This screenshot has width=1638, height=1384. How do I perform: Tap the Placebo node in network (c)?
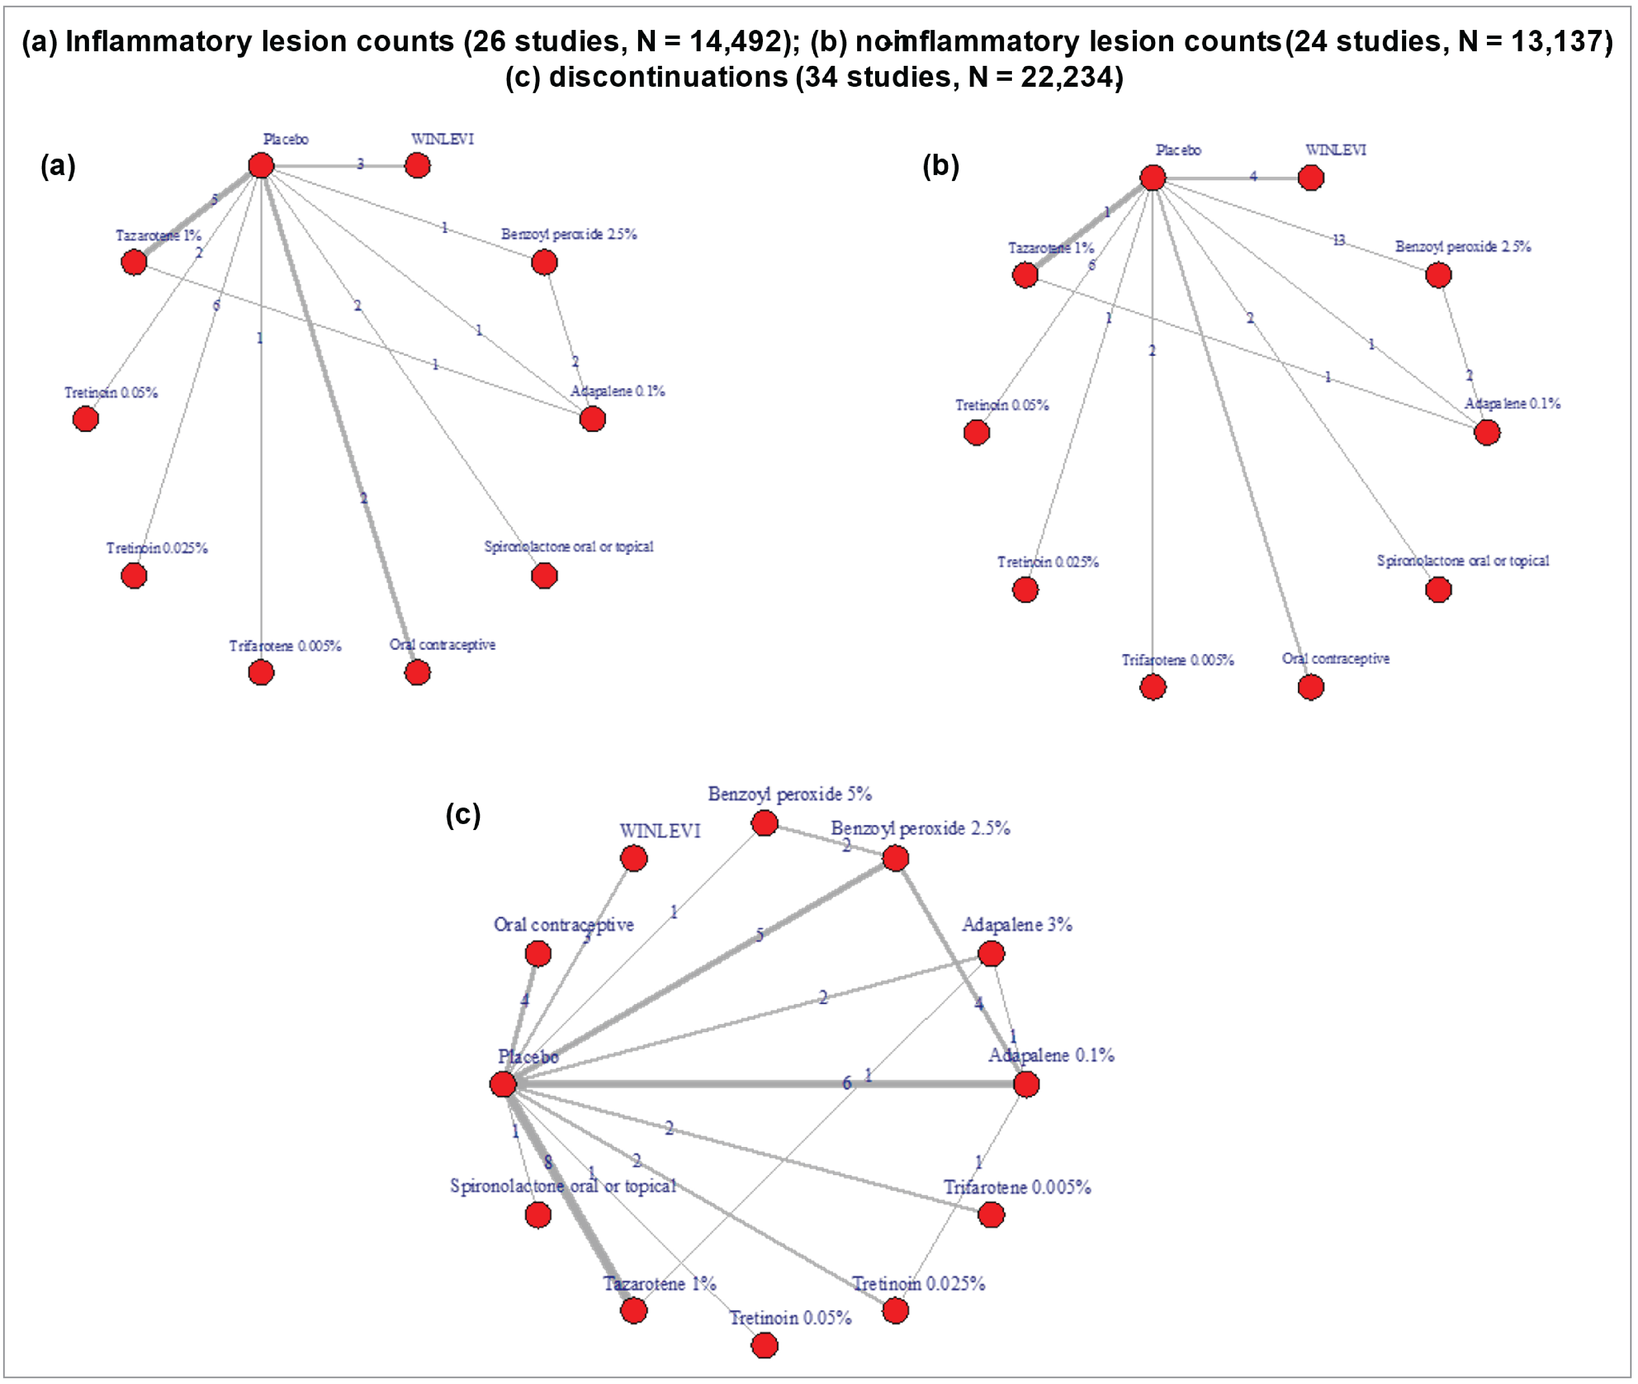coord(503,1084)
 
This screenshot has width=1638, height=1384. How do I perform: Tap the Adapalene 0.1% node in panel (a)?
coord(592,419)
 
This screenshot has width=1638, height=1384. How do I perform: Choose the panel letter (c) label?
coord(463,815)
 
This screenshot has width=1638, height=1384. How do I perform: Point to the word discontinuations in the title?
coord(668,77)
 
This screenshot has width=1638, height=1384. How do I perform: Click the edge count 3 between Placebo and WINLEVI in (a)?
coord(360,164)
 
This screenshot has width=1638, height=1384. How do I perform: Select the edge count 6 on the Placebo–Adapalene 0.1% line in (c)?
coord(846,1083)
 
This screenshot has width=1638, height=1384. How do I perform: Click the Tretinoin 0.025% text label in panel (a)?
coord(157,548)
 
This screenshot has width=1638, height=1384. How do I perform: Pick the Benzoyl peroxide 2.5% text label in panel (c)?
coord(920,828)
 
